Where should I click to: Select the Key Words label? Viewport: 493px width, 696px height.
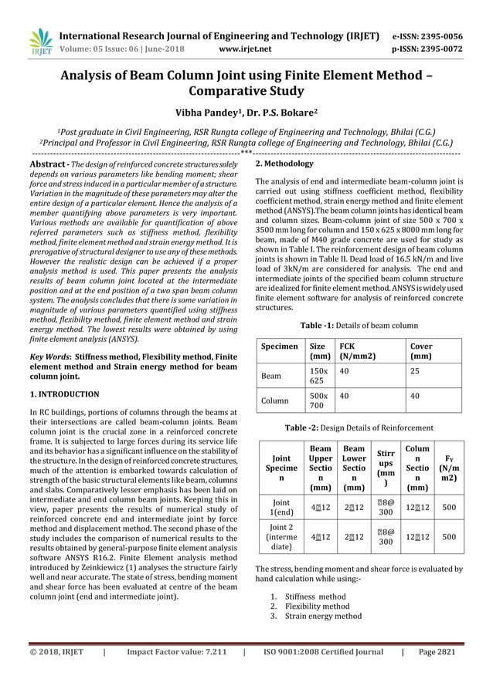click(x=49, y=358)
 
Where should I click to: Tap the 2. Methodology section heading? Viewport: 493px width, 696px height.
click(x=284, y=164)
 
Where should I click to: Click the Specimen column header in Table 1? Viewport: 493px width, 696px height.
click(x=279, y=346)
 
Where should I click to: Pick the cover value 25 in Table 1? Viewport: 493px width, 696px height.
click(x=415, y=370)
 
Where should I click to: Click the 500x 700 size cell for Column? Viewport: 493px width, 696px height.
click(x=317, y=401)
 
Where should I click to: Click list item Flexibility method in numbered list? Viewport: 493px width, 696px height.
click(x=318, y=606)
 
